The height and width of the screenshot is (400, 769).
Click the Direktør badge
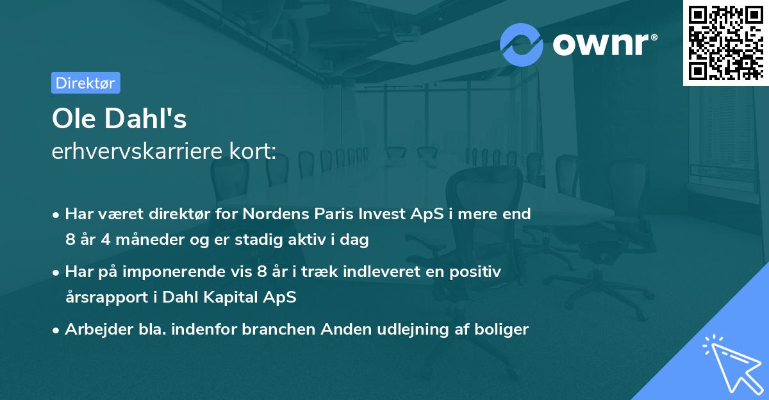tap(85, 83)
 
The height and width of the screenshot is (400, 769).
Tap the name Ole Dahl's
tap(119, 120)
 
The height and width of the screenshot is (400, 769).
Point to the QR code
tap(725, 42)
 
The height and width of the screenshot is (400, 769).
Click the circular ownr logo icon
tap(522, 44)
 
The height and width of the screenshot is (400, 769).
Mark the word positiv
tap(475, 272)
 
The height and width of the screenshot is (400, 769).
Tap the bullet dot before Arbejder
tap(56, 330)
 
